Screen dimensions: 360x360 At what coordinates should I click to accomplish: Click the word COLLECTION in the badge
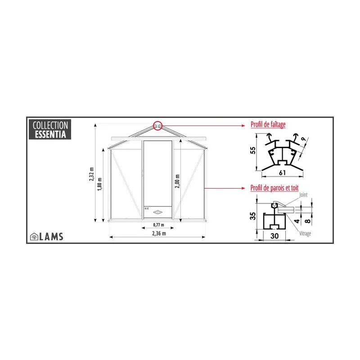tap(49, 126)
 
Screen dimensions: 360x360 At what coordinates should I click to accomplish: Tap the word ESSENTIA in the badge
tap(49, 134)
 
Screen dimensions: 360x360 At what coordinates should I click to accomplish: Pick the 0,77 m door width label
tap(157, 224)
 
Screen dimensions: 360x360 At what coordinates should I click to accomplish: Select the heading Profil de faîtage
tap(268, 125)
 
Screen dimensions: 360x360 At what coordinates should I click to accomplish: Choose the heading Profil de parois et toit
tap(274, 188)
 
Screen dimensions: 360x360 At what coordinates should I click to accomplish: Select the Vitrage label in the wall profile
tap(306, 234)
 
